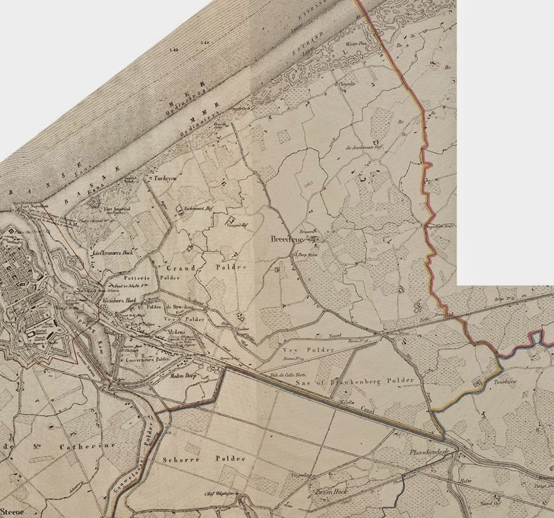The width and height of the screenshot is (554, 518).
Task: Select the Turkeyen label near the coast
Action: (165, 179)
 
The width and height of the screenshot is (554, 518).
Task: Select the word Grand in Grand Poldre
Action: (179, 269)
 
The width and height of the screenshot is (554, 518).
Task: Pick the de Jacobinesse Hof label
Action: (364, 148)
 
